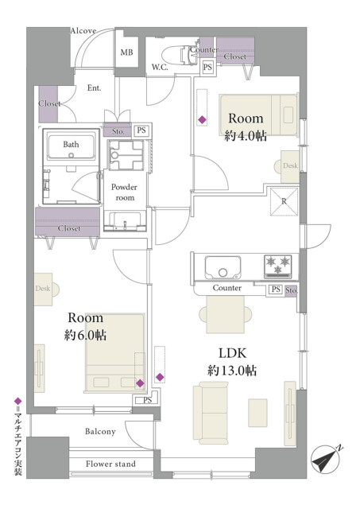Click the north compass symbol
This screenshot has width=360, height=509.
pyautogui.click(x=326, y=460)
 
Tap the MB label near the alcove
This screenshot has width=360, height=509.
pyautogui.click(x=126, y=52)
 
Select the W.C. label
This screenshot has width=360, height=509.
pyautogui.click(x=160, y=68)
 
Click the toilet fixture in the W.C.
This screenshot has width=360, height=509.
pyautogui.click(x=178, y=54)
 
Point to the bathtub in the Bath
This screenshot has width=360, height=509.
pyautogui.click(x=71, y=147)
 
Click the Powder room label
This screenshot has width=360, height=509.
pyautogui.click(x=124, y=192)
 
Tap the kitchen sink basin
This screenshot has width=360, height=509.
pyautogui.click(x=223, y=268)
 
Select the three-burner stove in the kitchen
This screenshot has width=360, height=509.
pyautogui.click(x=278, y=266)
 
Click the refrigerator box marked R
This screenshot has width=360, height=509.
pyautogui.click(x=285, y=201)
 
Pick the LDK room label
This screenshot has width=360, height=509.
pyautogui.click(x=233, y=353)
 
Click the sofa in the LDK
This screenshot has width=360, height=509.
pyautogui.click(x=211, y=413)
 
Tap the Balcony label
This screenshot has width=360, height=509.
pyautogui.click(x=100, y=431)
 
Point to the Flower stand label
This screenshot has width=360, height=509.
pyautogui.click(x=110, y=464)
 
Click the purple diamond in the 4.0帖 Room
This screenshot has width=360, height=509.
pyautogui.click(x=202, y=120)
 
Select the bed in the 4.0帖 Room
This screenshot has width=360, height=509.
pyautogui.click(x=258, y=115)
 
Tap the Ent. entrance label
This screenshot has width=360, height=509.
pyautogui.click(x=94, y=88)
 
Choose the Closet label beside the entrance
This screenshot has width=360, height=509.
pyautogui.click(x=49, y=103)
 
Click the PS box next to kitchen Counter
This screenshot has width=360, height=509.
pyautogui.click(x=276, y=289)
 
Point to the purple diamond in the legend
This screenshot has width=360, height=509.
pyautogui.click(x=18, y=401)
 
